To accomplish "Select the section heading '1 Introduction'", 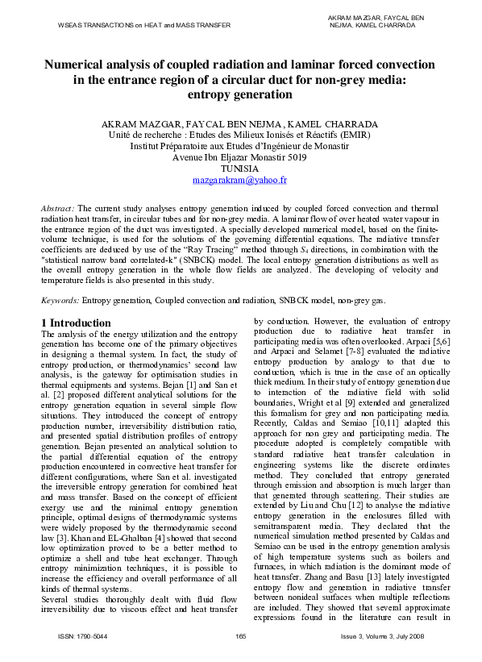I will (x=76, y=323).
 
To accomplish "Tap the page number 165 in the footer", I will (x=240, y=637).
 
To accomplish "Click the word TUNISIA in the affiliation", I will (x=240, y=169).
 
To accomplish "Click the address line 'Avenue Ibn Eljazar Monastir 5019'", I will (x=240, y=158).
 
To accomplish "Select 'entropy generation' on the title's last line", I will (x=240, y=94).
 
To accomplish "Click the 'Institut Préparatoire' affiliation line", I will (x=240, y=146).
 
